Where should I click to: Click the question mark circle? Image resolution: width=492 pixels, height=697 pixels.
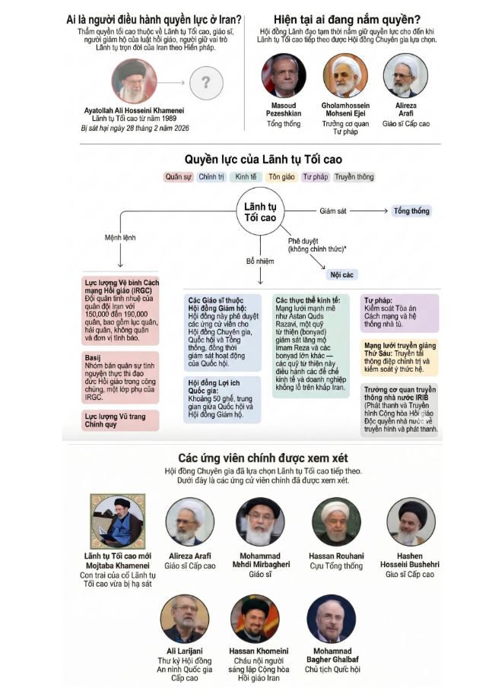tap(205, 81)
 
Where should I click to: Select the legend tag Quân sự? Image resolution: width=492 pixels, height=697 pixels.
tap(178, 177)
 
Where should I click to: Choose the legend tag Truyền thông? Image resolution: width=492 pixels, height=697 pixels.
tap(354, 177)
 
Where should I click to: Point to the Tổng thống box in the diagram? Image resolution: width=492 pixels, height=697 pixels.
tap(411, 211)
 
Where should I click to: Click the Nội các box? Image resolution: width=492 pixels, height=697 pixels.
tap(342, 274)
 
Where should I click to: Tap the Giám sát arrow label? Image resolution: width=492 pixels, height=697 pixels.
tap(334, 211)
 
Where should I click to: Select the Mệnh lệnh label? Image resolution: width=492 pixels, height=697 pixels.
tap(120, 238)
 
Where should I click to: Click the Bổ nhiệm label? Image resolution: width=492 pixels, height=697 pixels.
tap(259, 261)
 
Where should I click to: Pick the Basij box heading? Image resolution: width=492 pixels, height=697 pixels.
tap(94, 355)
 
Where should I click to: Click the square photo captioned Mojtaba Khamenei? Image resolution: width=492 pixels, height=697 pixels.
tap(117, 520)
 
